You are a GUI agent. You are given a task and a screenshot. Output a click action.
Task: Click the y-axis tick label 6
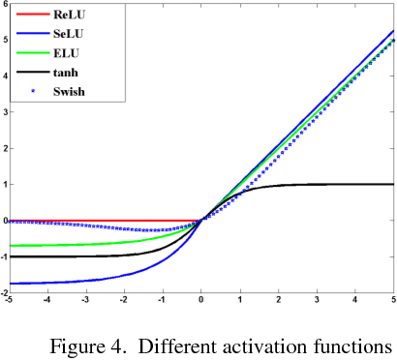[x=5, y=5]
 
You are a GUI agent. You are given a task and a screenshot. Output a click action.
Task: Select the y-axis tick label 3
[x=5, y=112]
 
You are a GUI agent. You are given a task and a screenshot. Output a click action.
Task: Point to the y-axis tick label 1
[x=5, y=184]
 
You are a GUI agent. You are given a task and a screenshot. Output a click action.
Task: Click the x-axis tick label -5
[x=8, y=299]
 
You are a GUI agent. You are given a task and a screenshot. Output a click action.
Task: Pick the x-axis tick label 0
[x=201, y=299]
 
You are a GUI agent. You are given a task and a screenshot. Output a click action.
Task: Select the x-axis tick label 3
[x=317, y=299]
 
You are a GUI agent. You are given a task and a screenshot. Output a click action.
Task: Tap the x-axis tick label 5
[x=393, y=299]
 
